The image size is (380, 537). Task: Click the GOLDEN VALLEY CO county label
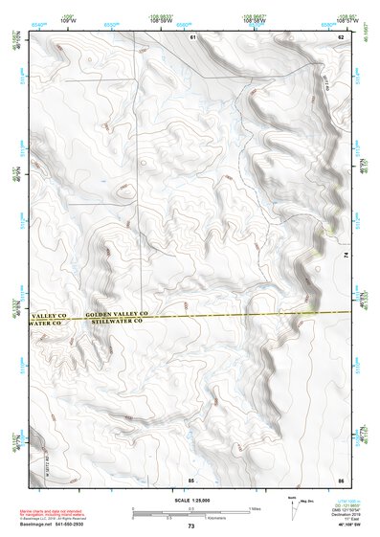[115, 314]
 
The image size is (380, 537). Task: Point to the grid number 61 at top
[192, 36]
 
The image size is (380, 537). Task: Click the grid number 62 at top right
[341, 36]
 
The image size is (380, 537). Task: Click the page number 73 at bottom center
[190, 526]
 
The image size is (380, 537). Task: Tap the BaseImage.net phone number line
[59, 526]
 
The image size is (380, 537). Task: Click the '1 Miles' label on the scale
[254, 507]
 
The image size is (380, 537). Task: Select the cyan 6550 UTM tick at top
[112, 19]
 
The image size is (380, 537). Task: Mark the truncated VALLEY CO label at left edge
[47, 315]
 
